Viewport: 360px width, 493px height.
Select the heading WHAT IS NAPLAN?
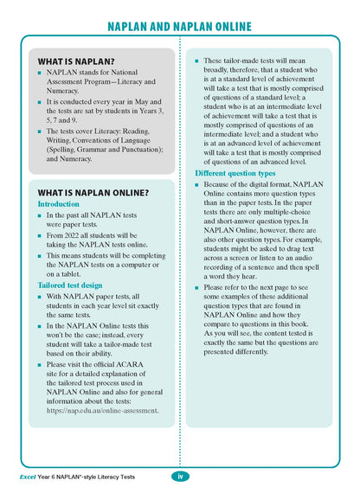click(x=77, y=63)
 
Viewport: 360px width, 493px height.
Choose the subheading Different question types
click(x=236, y=174)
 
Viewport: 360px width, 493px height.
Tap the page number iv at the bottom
click(x=180, y=476)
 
